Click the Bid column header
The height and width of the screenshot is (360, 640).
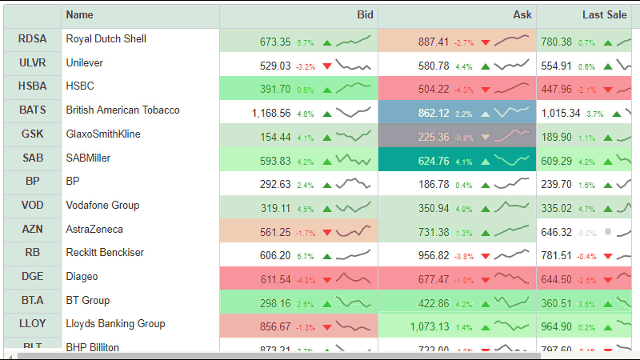click(365, 15)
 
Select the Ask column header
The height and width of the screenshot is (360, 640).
click(522, 15)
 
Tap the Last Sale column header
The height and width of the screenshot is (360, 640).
click(604, 15)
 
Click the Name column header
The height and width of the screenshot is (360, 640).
click(80, 15)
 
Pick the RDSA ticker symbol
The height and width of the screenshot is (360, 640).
click(32, 39)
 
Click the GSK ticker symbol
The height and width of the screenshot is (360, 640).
click(32, 134)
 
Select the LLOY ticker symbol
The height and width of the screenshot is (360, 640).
click(32, 325)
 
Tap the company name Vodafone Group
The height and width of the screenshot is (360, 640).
click(102, 206)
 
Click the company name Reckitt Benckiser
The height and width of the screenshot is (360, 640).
click(105, 253)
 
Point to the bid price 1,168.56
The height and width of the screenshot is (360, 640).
click(270, 114)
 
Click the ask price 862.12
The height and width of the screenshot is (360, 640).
click(433, 114)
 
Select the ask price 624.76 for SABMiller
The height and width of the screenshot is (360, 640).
click(433, 162)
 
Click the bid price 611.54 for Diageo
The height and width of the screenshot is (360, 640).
click(275, 280)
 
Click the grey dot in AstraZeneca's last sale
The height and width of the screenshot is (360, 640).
click(608, 232)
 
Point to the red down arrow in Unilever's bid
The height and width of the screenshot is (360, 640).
click(326, 66)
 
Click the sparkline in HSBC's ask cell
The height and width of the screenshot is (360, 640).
click(512, 87)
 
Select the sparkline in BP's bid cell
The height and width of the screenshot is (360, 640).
click(353, 184)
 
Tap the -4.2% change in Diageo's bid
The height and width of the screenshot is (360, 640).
click(306, 281)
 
